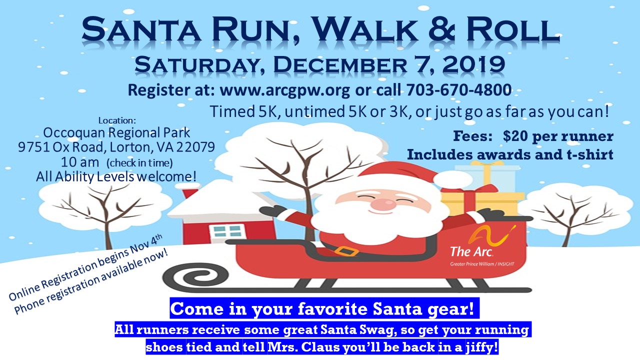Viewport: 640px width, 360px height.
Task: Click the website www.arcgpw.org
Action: (284, 90)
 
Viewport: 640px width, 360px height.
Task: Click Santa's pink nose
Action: (384, 204)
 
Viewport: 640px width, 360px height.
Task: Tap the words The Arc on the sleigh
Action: (471, 251)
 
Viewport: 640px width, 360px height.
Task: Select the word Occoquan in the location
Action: (74, 133)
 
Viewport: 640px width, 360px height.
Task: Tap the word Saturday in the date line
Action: (197, 65)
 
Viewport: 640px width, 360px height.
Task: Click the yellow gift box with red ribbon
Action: (483, 201)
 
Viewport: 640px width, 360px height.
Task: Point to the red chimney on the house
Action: (189, 193)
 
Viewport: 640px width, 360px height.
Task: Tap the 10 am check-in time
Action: (80, 162)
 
